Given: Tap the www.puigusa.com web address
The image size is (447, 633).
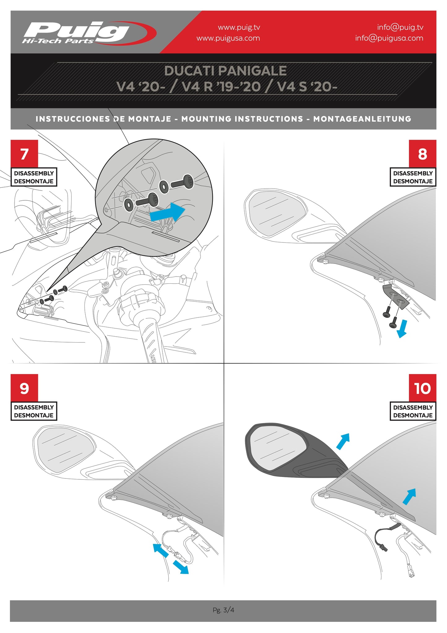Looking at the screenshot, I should coord(228,38).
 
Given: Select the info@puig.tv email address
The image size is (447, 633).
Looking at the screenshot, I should coord(400,27).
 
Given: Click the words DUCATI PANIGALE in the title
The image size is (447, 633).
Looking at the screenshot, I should coord(225,71).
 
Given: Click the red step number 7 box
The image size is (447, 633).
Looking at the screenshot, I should coord(24,154).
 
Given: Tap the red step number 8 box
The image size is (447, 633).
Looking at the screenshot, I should coord(422,154).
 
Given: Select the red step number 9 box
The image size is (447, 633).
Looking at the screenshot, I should coord(24,388).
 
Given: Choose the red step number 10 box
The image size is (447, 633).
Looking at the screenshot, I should coord(422,388).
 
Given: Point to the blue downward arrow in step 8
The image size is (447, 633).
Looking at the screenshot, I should coord(402,329).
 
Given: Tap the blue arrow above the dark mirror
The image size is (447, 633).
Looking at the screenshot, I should coord(343,441).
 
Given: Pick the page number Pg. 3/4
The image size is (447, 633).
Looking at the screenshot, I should coord(223,610).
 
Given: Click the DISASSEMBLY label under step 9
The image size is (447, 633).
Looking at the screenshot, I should coord(34,407).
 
